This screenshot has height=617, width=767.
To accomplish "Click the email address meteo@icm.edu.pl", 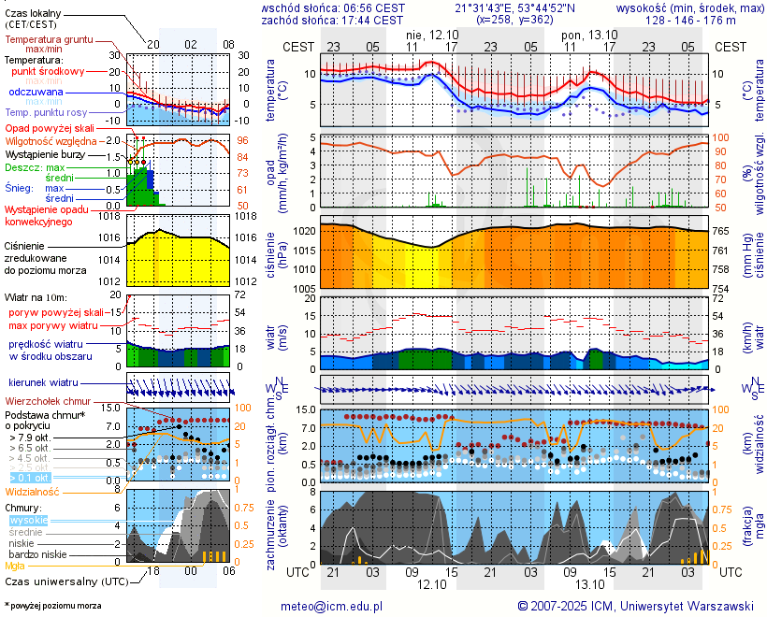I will pos(332,606).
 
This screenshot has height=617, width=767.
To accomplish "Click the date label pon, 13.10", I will pos(586,34).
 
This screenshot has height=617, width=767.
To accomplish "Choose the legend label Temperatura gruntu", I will pos(49,40).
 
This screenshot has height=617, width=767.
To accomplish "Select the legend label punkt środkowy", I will pos(58,71).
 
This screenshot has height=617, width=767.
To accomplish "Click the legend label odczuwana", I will pos(36,93).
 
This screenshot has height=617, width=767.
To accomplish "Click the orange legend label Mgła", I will pos(15,566).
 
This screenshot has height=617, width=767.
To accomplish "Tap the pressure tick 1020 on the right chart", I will pos(303,230).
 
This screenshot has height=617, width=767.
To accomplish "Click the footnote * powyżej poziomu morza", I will pos(52,606).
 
